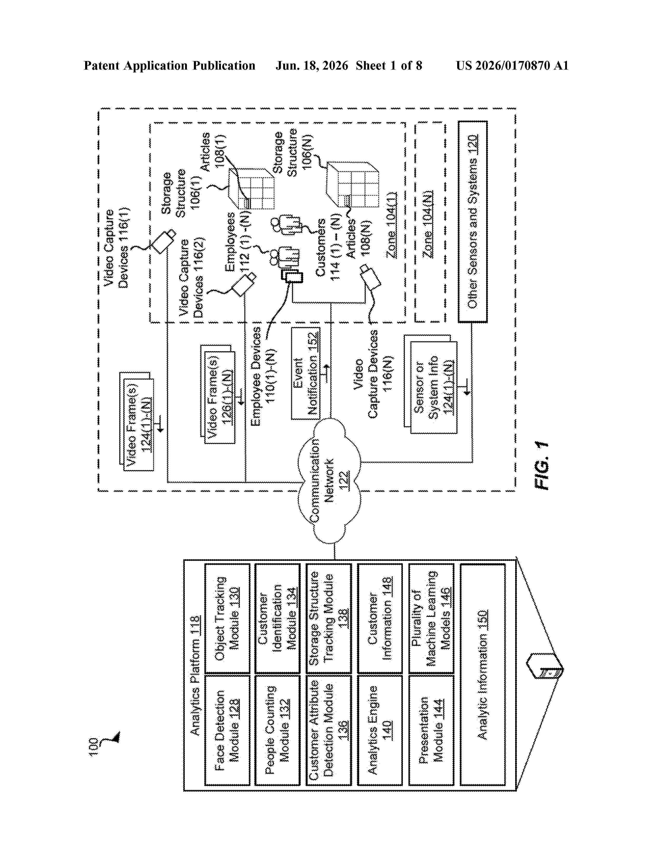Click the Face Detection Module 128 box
[227, 729]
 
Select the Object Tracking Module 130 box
[227, 619]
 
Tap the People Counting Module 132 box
[278, 729]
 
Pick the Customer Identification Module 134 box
[278, 619]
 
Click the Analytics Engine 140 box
[380, 729]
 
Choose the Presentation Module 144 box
[431, 729]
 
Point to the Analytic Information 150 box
[482, 674]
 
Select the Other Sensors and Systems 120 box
[472, 222]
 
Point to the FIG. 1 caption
[542, 466]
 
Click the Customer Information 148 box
[380, 619]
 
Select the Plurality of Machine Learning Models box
[431, 619]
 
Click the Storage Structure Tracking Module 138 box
[329, 619]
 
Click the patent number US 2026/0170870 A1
[512, 65]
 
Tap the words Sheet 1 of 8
[389, 65]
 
